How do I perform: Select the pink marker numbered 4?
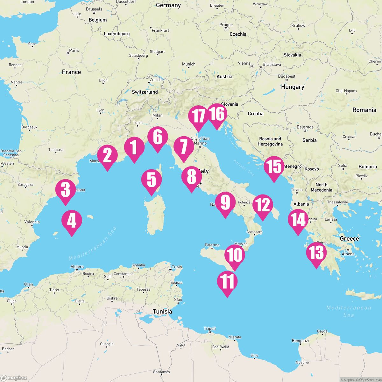point(72,221)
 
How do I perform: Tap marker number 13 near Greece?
point(316,253)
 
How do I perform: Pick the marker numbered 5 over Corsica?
point(152,180)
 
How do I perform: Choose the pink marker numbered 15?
point(274,166)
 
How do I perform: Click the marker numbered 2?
point(107,155)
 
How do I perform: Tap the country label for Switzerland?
point(145,92)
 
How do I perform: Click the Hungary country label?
point(293,87)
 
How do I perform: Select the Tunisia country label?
point(162,311)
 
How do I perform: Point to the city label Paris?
point(74,50)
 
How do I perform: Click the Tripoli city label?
point(210,329)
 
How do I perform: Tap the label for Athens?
point(348,254)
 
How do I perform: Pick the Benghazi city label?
point(300,341)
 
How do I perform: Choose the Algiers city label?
point(77,267)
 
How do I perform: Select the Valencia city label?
point(32,222)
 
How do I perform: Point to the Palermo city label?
point(212,245)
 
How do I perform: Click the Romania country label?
point(364,110)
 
